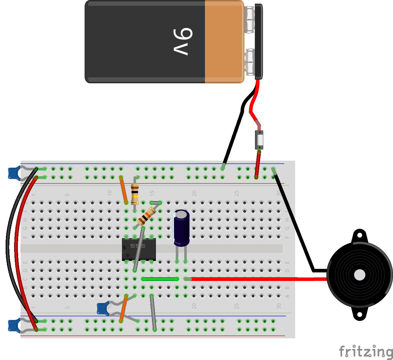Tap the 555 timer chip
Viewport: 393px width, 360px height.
[x=139, y=249]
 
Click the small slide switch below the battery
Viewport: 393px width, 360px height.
[x=259, y=140]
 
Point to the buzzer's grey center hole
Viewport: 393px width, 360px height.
[x=359, y=275]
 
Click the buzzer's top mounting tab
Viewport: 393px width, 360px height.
[x=359, y=236]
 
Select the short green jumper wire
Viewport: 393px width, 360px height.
[x=160, y=279]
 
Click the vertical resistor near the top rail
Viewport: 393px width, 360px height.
[x=135, y=194]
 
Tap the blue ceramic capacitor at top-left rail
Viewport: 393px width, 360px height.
[x=13, y=173]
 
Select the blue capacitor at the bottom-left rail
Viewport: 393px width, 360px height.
[x=13, y=325]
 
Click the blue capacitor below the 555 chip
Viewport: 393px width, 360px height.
[x=102, y=308]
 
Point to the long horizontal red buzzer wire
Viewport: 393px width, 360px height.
[x=257, y=278]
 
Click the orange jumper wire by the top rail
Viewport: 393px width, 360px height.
[x=123, y=189]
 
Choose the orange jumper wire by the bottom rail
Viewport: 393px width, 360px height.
[x=123, y=308]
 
